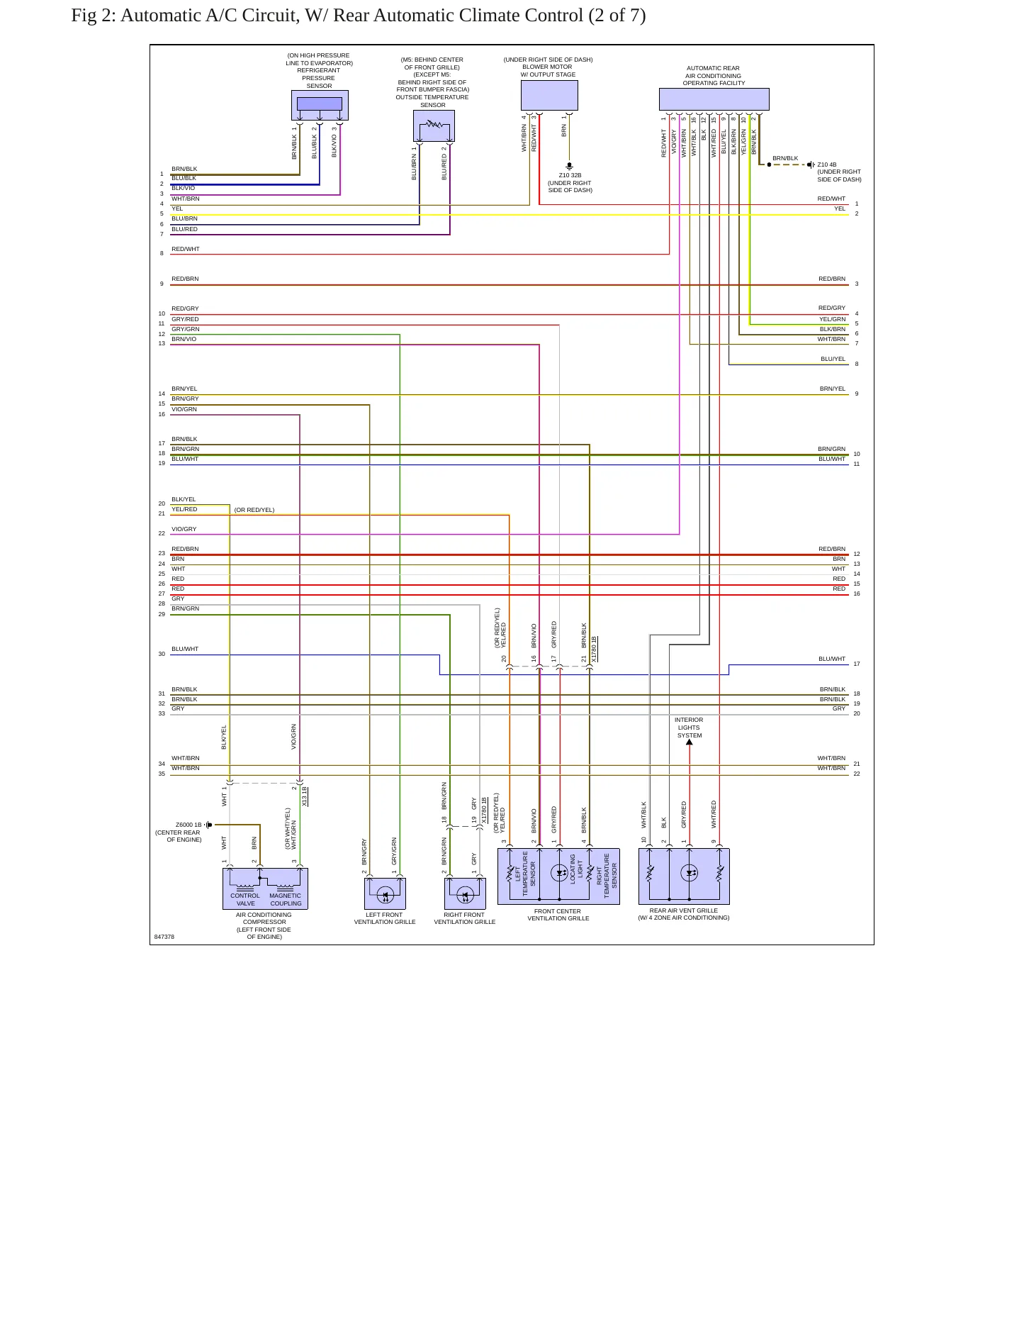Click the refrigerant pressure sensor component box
coord(320,105)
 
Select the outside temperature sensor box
coord(434,126)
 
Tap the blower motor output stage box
coord(549,95)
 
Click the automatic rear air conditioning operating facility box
coord(714,99)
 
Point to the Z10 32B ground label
coord(570,175)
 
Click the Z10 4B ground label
coord(826,165)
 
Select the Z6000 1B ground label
coord(189,825)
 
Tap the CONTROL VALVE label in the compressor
coord(245,899)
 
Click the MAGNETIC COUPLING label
coord(286,899)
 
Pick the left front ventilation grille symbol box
coord(385,893)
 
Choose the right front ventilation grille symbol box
coord(465,893)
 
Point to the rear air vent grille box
coord(684,876)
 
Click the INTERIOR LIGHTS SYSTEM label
coord(689,728)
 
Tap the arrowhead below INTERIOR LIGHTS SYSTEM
coord(690,742)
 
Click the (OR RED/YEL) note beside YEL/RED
coord(254,510)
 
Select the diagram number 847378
coord(164,937)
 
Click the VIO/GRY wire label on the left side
coord(184,529)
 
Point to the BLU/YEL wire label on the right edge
coord(833,360)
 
